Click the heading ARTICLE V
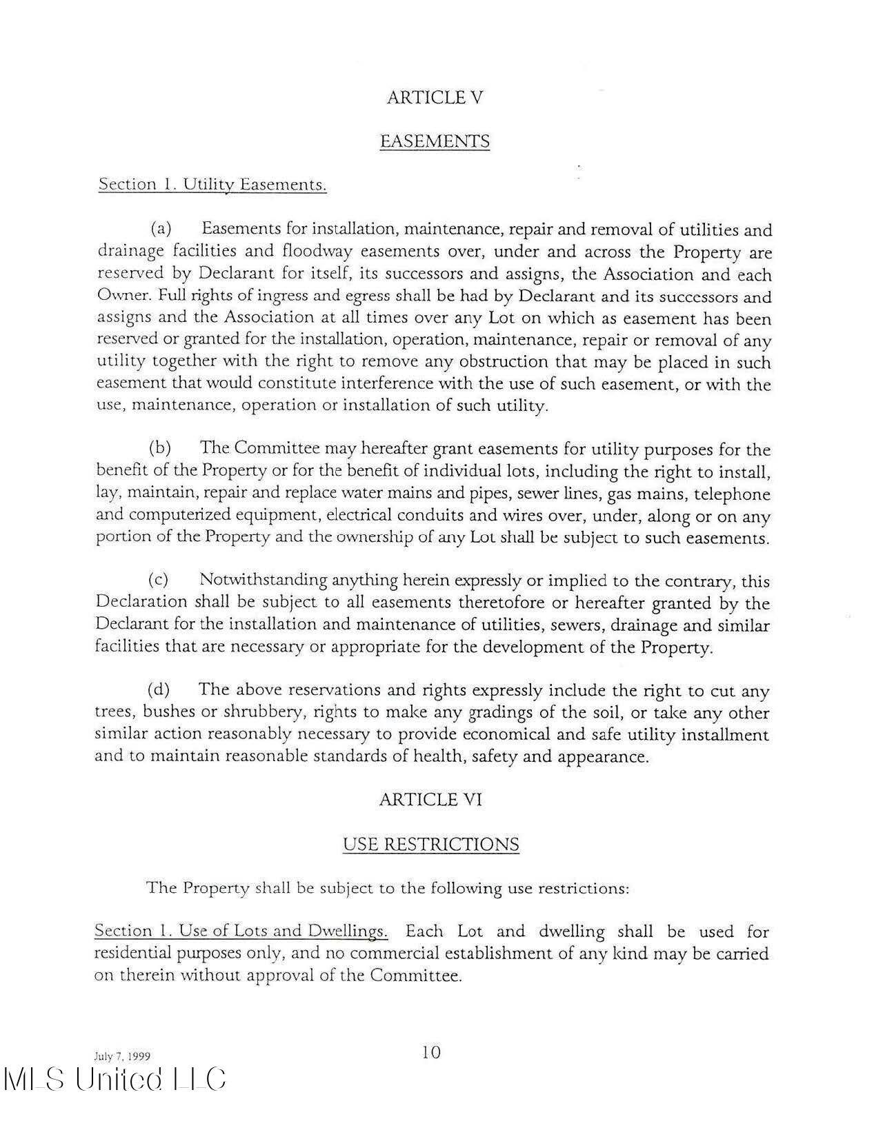[435, 97]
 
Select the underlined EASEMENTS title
[435, 141]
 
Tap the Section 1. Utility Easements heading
[212, 185]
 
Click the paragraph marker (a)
[161, 228]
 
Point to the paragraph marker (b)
[160, 448]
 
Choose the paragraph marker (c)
[159, 580]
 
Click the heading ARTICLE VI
[430, 800]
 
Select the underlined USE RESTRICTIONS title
[430, 845]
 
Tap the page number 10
[430, 1052]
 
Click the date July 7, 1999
[122, 1056]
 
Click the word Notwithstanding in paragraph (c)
[264, 581]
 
